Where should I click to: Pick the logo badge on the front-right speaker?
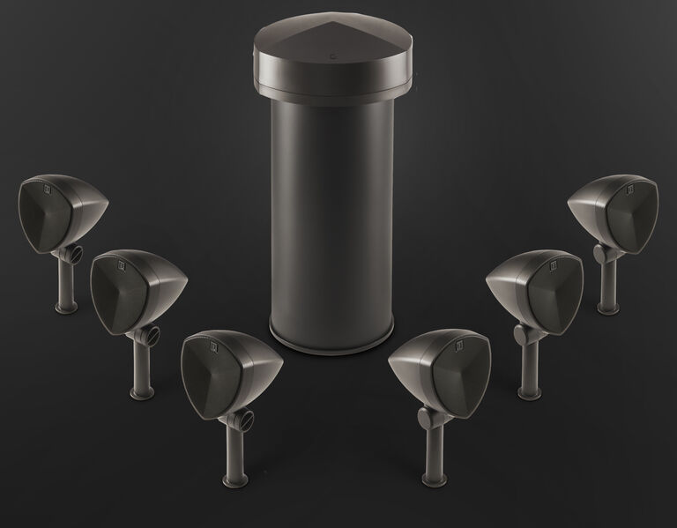click(458, 345)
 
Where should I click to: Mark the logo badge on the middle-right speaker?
click(554, 261)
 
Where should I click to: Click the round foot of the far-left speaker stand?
click(63, 309)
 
